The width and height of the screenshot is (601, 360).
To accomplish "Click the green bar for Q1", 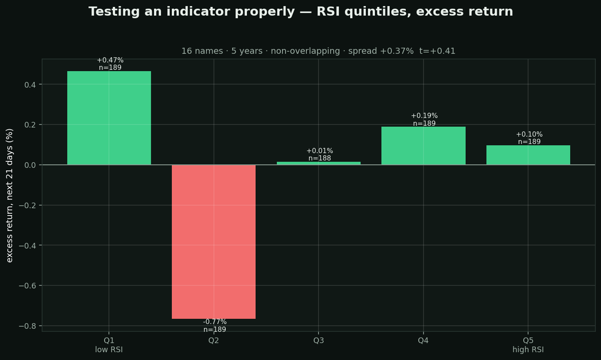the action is pyautogui.click(x=109, y=118).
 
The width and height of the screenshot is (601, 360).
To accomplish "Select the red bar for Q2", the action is pyautogui.click(x=213, y=242).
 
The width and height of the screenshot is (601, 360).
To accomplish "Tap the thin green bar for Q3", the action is pyautogui.click(x=319, y=163).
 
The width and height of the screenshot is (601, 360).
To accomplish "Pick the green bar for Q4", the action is pyautogui.click(x=424, y=146).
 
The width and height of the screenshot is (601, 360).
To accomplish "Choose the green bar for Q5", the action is pyautogui.click(x=528, y=155).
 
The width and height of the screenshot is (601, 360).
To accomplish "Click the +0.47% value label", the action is pyautogui.click(x=110, y=60).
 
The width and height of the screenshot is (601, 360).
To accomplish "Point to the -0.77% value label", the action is pyautogui.click(x=215, y=322).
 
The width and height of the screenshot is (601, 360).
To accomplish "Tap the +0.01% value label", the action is pyautogui.click(x=319, y=151).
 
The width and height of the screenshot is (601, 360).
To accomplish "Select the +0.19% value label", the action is pyautogui.click(x=424, y=116).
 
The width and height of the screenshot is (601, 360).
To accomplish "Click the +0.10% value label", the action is pyautogui.click(x=529, y=134).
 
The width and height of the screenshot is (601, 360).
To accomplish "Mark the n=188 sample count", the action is pyautogui.click(x=319, y=158).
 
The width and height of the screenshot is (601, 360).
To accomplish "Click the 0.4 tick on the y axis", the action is pyautogui.click(x=30, y=85).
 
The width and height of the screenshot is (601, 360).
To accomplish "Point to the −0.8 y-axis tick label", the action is pyautogui.click(x=27, y=326).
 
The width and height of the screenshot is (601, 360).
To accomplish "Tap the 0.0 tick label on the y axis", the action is pyautogui.click(x=30, y=165).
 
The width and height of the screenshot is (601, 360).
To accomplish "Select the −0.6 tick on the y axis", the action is pyautogui.click(x=27, y=286).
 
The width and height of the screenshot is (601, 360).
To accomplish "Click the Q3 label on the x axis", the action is pyautogui.click(x=319, y=340).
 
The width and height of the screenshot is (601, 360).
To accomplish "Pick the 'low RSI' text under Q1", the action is pyautogui.click(x=109, y=350).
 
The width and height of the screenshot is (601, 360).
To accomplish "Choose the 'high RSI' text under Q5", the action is pyautogui.click(x=528, y=350).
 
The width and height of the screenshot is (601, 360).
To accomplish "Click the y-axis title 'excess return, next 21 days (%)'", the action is pyautogui.click(x=10, y=196).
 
